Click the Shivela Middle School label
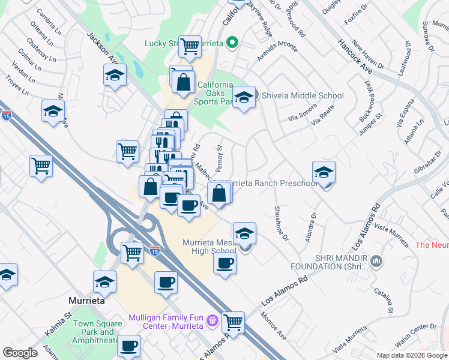click(x=302, y=95)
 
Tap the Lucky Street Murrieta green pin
click(x=234, y=43)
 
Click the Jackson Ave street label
click(x=100, y=51)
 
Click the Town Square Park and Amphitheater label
click(x=98, y=332)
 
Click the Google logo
click(x=20, y=353)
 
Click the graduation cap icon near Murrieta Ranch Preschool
click(x=324, y=172)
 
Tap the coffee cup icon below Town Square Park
click(x=129, y=346)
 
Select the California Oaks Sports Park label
click(x=213, y=94)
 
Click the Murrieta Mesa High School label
click(x=209, y=247)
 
